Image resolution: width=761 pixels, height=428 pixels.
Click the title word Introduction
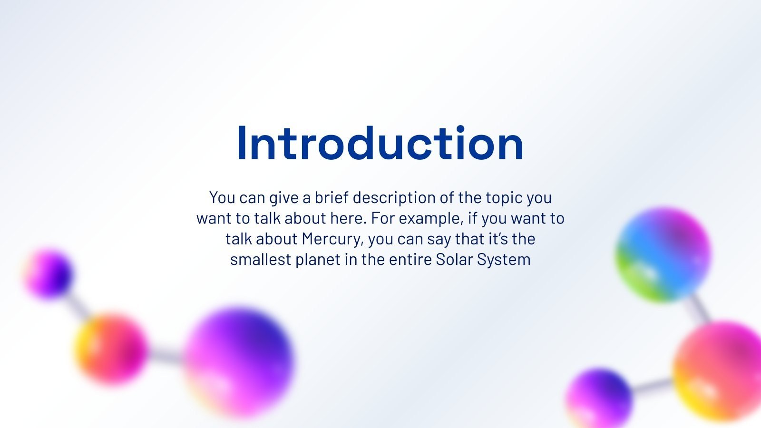[380, 143]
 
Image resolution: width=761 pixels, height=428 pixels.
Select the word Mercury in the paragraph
[332, 239]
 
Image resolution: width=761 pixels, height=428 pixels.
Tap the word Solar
[454, 259]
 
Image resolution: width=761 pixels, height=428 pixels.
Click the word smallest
[261, 259]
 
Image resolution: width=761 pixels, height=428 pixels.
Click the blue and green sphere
[663, 254]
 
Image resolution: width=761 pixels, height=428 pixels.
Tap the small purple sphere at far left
[48, 274]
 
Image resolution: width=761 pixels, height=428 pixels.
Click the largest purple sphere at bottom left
[239, 362]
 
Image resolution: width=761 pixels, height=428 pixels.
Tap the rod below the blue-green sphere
[701, 308]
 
